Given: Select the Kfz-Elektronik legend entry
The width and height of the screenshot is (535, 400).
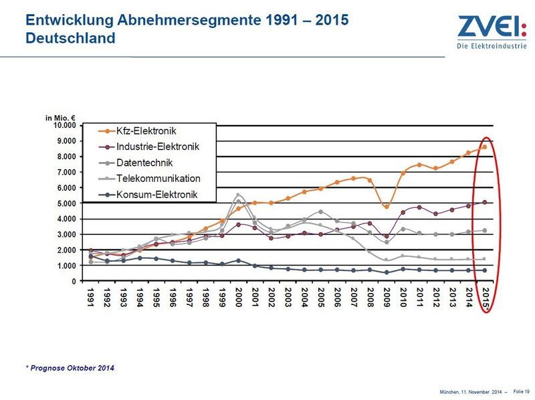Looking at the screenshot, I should coord(147,129).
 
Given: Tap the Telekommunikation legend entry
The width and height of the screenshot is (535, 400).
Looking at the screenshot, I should coord(158,179).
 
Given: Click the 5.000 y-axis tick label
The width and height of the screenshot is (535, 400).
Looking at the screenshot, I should coord(68,203).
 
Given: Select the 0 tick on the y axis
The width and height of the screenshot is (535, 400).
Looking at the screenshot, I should coord(74,282).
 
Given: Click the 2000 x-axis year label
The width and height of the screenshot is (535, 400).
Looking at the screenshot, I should coord(239,296).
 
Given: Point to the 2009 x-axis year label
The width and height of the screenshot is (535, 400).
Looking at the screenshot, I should coord(387,296).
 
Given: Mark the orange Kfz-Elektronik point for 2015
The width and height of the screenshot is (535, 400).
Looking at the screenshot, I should coord(485,147).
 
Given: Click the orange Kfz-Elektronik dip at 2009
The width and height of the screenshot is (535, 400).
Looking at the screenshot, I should coord(387,207).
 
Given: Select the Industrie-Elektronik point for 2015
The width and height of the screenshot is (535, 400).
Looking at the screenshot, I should coord(485,202).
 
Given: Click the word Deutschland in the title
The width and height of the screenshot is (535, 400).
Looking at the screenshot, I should coord(70,38).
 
